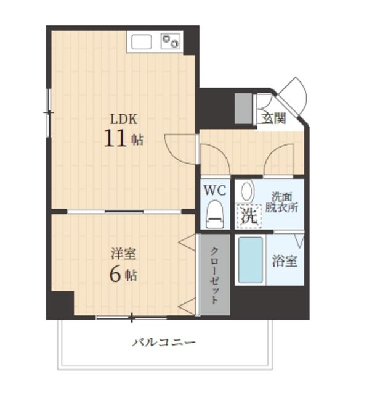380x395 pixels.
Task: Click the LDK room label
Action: [x=124, y=119]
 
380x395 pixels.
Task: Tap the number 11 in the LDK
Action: [x=115, y=138]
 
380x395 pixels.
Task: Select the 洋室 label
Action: [x=123, y=254]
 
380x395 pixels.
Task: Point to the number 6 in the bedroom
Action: [x=115, y=275]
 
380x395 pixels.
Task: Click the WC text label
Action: [x=215, y=189]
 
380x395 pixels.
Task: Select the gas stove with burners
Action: [x=171, y=41]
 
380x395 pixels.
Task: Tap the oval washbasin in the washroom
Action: [x=246, y=191]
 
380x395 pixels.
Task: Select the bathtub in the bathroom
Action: [x=251, y=260]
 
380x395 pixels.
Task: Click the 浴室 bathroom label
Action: [x=285, y=260]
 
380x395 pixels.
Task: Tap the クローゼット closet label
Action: [x=214, y=275]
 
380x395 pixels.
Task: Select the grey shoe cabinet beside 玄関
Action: [x=244, y=109]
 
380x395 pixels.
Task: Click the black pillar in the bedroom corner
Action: [x=60, y=304]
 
